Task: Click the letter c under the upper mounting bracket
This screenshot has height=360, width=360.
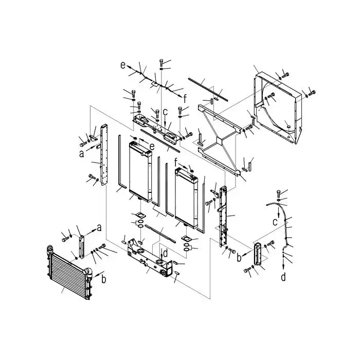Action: click(x=165, y=113)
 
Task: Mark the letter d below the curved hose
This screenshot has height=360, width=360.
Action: click(x=283, y=277)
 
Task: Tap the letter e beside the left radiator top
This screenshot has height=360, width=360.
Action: click(x=152, y=147)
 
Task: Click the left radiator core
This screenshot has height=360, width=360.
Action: click(x=140, y=170)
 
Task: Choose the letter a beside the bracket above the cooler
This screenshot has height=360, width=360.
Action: click(x=99, y=227)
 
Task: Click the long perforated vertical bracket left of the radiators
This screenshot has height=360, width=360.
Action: click(x=104, y=154)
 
